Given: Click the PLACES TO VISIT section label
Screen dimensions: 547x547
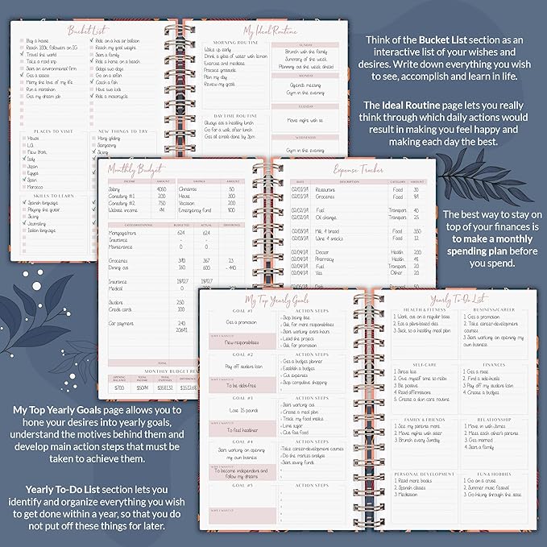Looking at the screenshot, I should pos(51,130).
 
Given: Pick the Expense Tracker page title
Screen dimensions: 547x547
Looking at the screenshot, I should pos(359,170).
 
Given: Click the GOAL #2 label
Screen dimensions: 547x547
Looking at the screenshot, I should pos(242,354).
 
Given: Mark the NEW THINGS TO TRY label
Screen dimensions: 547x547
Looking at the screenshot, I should pos(122,130).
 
